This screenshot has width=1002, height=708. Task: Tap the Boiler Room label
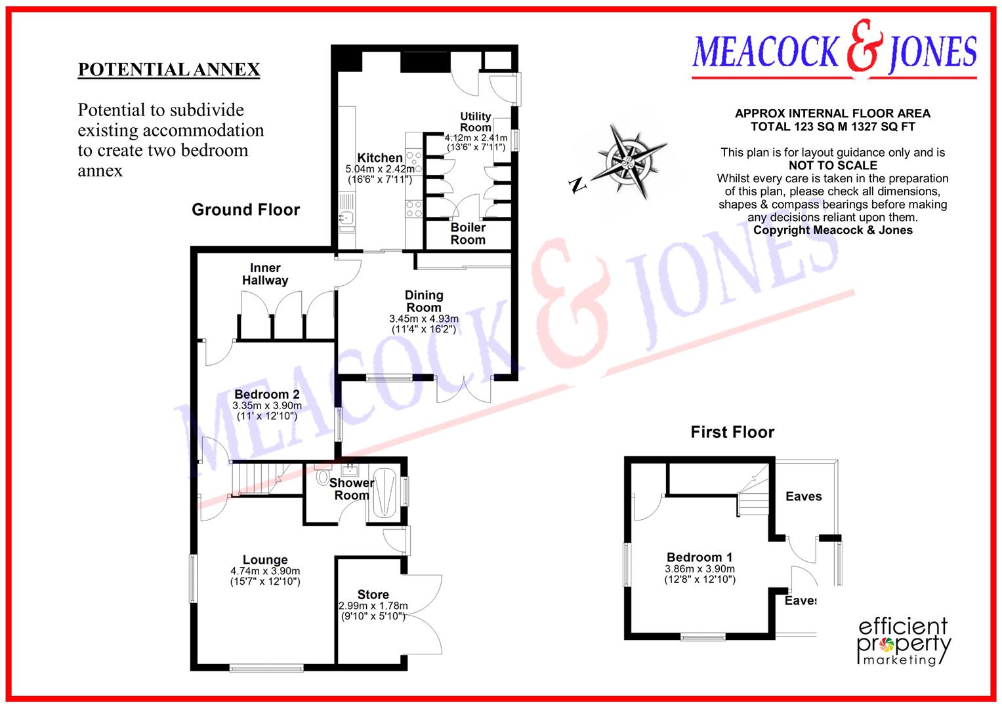[x=468, y=233]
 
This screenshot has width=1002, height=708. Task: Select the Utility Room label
[x=476, y=121]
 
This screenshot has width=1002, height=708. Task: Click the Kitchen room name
[x=380, y=157]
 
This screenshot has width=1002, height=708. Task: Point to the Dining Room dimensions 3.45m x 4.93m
[x=424, y=319]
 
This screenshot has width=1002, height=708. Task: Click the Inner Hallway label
[x=265, y=274]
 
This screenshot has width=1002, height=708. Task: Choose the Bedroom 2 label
[x=267, y=394]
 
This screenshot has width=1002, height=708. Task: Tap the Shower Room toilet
[x=322, y=477]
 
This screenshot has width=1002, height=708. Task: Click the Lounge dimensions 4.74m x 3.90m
[x=265, y=571]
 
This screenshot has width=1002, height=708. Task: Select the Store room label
[x=373, y=595]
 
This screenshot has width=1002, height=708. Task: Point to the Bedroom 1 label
[x=699, y=557]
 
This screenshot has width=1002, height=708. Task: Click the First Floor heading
[x=732, y=432]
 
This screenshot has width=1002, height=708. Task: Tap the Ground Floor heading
[x=245, y=210]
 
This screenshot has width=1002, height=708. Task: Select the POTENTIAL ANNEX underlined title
[x=169, y=69]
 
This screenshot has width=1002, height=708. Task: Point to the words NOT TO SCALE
[x=833, y=165]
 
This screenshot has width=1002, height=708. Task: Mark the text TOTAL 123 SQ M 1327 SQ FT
[x=833, y=127]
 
